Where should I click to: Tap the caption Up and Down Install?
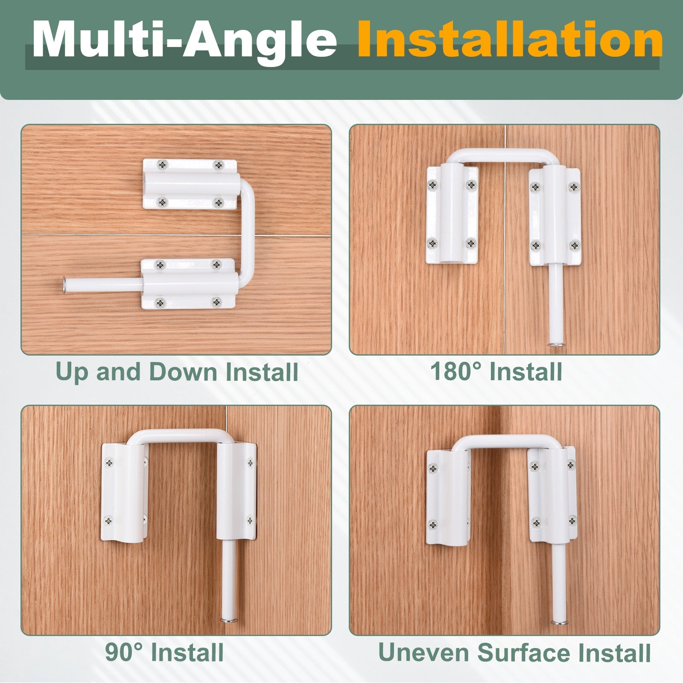click(177, 372)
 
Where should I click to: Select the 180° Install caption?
click(496, 371)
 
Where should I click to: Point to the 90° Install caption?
click(164, 652)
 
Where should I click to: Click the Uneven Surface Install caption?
click(514, 652)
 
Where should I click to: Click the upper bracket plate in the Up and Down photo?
click(190, 184)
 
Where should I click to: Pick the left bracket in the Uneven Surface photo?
click(448, 498)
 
